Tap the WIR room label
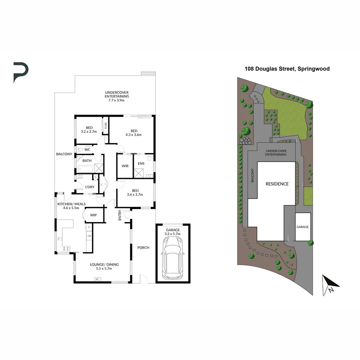tap(125, 166)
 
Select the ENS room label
tap(141, 163)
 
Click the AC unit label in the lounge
tap(97, 279)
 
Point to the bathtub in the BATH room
tap(85, 168)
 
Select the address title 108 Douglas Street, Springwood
tap(287, 69)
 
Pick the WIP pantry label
tap(93, 215)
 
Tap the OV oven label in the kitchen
tap(89, 236)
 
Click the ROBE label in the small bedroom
tap(106, 126)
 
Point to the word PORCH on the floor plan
tap(143, 248)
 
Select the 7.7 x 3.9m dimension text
tap(117, 100)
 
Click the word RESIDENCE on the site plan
tap(277, 184)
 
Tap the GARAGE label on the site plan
tap(303, 227)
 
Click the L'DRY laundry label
tap(89, 187)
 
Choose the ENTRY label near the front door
tap(120, 215)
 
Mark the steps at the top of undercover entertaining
tap(148, 73)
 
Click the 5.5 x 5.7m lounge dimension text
tap(104, 268)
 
